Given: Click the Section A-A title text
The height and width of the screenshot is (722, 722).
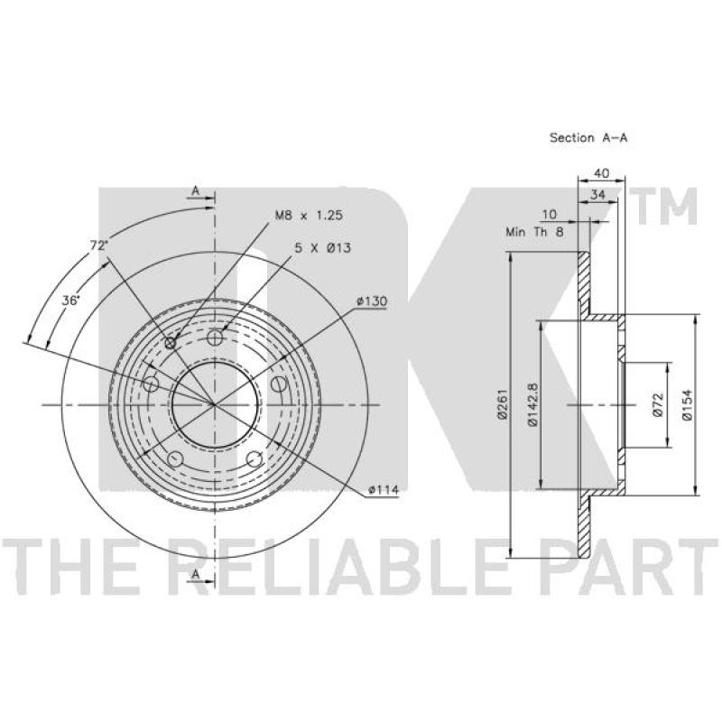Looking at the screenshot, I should click(x=588, y=138).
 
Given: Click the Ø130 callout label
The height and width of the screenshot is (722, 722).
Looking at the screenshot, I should click(x=371, y=300).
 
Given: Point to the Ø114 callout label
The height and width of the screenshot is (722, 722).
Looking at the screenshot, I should click(x=384, y=491).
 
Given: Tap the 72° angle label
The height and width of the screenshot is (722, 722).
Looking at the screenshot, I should click(x=97, y=245).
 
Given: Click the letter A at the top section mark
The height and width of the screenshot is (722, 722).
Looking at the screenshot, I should click(x=195, y=190).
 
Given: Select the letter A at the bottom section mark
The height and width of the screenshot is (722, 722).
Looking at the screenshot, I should click(x=195, y=574).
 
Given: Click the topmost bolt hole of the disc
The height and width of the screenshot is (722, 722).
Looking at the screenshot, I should click(x=215, y=338).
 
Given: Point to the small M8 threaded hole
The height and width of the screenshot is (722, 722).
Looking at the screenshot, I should click(x=171, y=342).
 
